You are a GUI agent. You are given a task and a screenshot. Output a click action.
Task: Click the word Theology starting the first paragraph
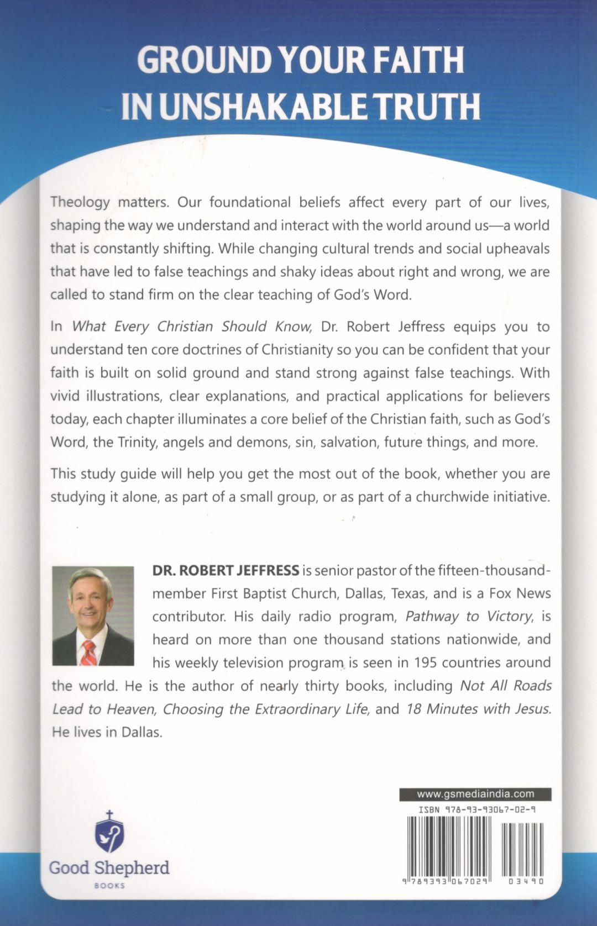coord(80,202)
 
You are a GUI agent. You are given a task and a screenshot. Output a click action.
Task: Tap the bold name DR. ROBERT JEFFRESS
coord(226,570)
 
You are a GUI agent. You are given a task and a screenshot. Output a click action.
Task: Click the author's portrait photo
coord(93,615)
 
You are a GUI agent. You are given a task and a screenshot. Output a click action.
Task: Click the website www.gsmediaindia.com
coord(475,794)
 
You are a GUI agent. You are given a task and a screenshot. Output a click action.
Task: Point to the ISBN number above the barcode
coord(476,810)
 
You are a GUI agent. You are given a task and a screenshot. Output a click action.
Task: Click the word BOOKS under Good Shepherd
coord(109,886)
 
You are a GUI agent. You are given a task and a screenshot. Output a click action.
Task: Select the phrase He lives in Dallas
coord(107,733)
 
